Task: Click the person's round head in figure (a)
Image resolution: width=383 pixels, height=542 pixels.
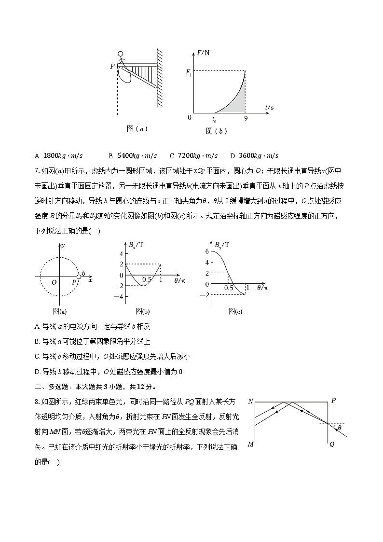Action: coord(121,54)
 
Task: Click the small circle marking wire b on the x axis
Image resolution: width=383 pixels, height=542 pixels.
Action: coord(79,277)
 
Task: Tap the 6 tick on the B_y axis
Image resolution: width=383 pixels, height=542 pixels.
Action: coord(206,251)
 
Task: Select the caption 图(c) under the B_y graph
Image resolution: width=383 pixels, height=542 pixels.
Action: coord(235,312)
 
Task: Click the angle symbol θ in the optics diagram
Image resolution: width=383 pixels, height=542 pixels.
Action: coord(340,428)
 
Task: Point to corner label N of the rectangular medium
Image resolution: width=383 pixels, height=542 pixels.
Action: coord(250,402)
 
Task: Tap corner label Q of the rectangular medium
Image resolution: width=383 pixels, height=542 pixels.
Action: coord(332,444)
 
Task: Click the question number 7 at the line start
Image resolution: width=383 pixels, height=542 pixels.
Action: coord(37,171)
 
